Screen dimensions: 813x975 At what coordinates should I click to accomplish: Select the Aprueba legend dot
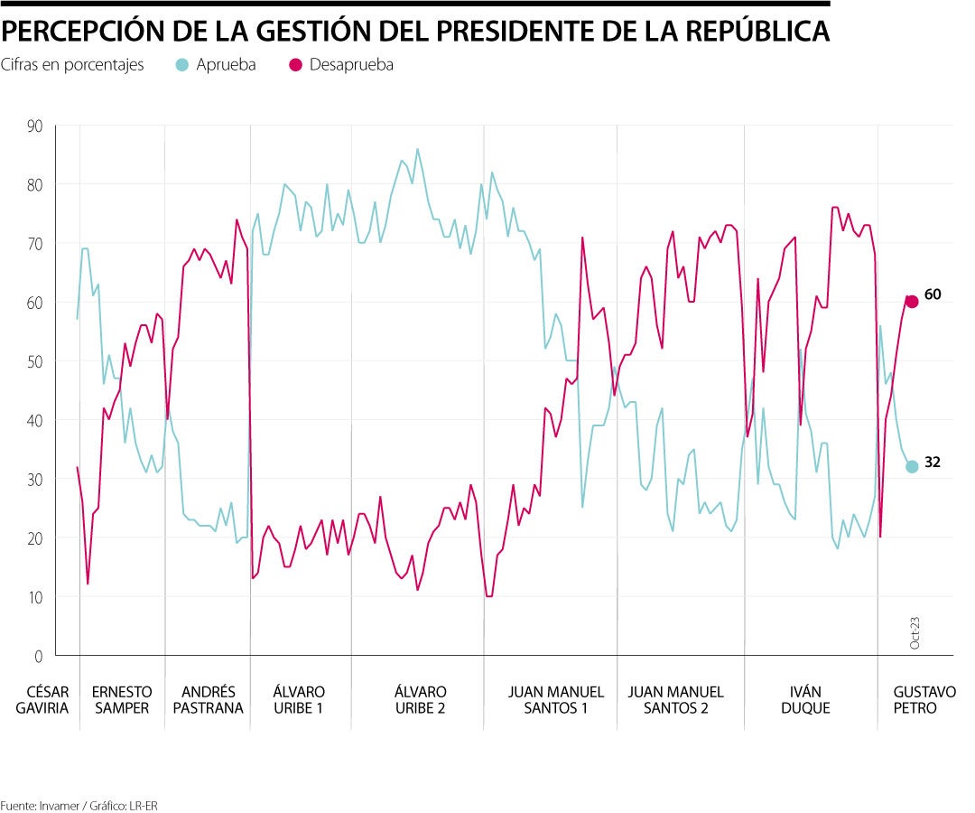click(x=182, y=65)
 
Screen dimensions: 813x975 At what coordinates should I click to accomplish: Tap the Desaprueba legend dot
click(x=295, y=65)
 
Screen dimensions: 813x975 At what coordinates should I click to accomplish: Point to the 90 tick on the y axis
click(x=34, y=126)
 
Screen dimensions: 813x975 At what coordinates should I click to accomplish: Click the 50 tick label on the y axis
click(x=34, y=361)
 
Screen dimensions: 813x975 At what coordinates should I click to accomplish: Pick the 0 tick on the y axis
click(x=38, y=656)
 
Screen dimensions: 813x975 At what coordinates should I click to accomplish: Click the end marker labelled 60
click(x=912, y=302)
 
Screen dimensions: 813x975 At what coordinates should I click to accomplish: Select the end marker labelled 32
click(x=912, y=466)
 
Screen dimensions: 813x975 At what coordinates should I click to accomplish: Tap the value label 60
click(x=933, y=294)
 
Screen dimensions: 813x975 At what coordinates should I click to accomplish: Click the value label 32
click(x=933, y=462)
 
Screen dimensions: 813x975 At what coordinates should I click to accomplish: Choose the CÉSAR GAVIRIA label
click(x=42, y=700)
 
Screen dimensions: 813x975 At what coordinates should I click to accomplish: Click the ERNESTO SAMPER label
click(x=121, y=700)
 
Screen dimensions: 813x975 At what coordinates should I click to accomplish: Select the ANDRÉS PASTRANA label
click(x=207, y=700)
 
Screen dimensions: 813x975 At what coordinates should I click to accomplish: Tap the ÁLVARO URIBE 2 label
click(x=420, y=700)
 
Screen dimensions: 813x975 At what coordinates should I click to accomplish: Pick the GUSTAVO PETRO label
click(x=924, y=700)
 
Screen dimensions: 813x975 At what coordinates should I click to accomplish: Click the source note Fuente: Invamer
click(x=72, y=805)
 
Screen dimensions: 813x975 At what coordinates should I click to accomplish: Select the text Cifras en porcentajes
click(x=72, y=65)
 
